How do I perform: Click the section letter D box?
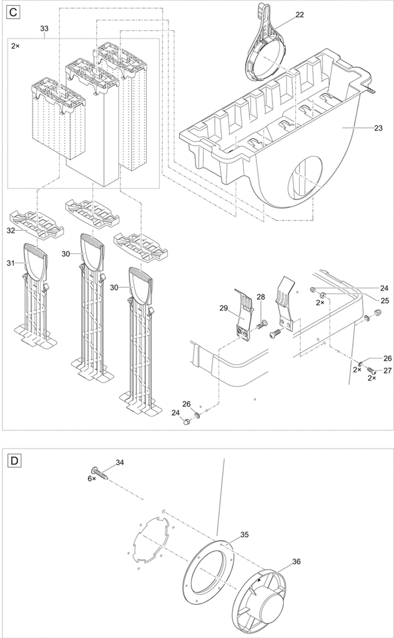click(14, 461)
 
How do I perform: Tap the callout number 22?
click(299, 14)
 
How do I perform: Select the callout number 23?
click(378, 128)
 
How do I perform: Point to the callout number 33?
click(44, 28)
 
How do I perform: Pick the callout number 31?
click(10, 263)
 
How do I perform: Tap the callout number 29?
click(223, 308)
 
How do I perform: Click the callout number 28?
click(261, 297)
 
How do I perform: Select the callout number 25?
click(384, 300)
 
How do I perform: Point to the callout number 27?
click(387, 370)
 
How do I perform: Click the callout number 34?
click(120, 462)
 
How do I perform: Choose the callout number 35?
click(244, 535)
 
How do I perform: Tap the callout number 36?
click(297, 561)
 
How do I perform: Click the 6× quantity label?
click(92, 479)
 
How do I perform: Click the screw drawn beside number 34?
click(100, 473)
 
